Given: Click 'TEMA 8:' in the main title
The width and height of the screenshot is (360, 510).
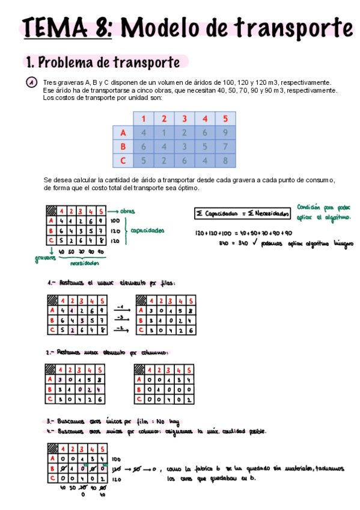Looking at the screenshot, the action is [66, 28].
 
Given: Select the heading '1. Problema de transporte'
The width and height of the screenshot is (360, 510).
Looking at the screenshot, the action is [102, 62].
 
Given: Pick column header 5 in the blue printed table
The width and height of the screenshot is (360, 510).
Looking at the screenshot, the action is [225, 118].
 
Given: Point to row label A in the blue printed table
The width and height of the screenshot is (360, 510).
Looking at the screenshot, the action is [123, 133].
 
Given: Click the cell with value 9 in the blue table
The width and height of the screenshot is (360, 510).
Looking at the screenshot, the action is [225, 133].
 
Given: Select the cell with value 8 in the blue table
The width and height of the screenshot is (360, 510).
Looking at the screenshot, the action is [225, 161].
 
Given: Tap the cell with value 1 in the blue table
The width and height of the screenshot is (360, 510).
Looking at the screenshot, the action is [163, 133].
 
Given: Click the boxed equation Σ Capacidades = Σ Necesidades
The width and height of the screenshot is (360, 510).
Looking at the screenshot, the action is [242, 213].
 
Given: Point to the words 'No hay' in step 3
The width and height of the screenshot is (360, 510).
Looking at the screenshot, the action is [169, 422].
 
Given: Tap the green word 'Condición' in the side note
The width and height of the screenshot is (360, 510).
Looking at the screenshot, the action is [312, 207].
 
